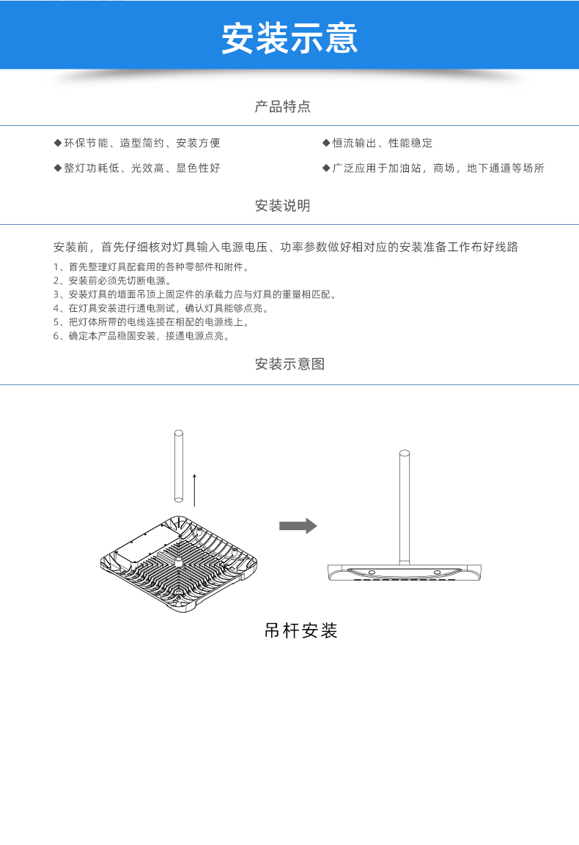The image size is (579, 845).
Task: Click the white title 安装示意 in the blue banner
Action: pos(289,38)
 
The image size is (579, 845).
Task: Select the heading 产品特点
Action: pos(283,107)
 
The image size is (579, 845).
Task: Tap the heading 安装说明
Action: pos(283,205)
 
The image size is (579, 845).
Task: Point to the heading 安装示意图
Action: pos(289,364)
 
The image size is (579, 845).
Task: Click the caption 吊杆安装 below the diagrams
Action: pos(300,630)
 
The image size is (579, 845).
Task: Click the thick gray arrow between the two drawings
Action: pos(298,526)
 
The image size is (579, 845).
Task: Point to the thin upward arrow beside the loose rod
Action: pos(194,491)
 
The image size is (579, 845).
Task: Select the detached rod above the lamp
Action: pos(179,466)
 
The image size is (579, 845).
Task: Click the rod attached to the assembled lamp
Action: pos(404,507)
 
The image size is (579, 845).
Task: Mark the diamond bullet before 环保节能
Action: pos(58,143)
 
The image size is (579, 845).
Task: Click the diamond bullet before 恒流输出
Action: pos(326,143)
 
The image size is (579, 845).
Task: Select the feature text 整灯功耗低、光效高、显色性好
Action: pos(142,168)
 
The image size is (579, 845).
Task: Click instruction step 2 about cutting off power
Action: pos(113,280)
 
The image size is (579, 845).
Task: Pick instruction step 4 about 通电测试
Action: pos(161,308)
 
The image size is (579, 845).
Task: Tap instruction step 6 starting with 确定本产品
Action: pos(142,336)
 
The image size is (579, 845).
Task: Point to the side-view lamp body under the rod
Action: pos(404,573)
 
